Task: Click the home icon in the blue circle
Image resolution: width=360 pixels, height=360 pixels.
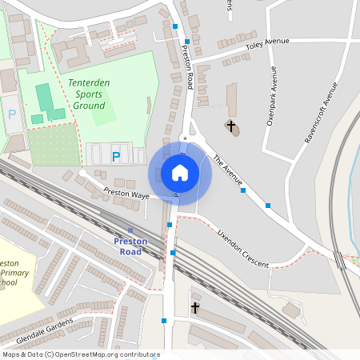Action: [180, 173]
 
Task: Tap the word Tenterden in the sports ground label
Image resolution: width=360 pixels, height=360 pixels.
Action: [94, 83]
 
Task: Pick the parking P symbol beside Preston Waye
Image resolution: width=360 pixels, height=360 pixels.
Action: [117, 157]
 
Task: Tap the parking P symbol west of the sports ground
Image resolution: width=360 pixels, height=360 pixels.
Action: [12, 114]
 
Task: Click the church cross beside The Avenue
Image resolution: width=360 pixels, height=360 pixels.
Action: [231, 126]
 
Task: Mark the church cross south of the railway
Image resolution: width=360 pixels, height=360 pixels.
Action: [194, 307]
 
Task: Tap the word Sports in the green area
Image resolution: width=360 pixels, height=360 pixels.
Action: [90, 94]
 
